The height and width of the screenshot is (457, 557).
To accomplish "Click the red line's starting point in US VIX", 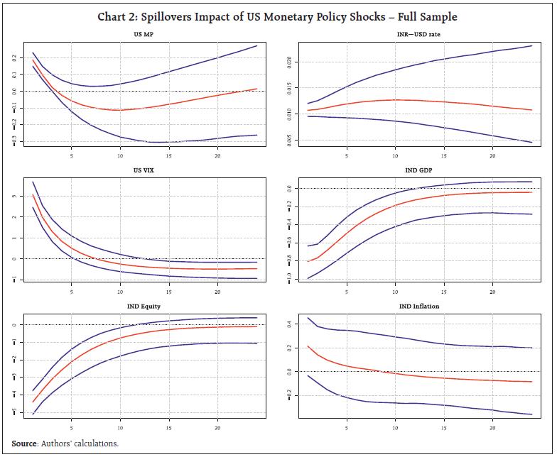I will (32, 195).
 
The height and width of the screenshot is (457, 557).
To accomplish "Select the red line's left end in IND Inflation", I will (307, 346).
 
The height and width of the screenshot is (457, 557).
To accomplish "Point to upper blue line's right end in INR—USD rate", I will (532, 46).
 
